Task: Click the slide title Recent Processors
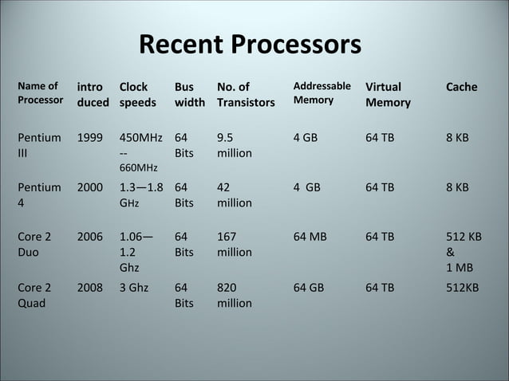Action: click(x=250, y=45)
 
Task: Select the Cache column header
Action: click(x=462, y=87)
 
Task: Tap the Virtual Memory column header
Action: click(x=388, y=94)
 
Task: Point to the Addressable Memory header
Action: click(x=322, y=93)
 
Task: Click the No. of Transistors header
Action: click(x=245, y=94)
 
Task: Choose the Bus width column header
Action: click(x=189, y=94)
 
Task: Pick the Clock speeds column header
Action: click(x=137, y=94)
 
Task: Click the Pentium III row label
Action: click(x=37, y=144)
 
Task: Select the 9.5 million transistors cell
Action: click(x=234, y=144)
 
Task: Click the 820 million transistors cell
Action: click(x=234, y=295)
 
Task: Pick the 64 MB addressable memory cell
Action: click(x=309, y=237)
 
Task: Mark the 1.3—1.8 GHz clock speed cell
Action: click(x=141, y=194)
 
